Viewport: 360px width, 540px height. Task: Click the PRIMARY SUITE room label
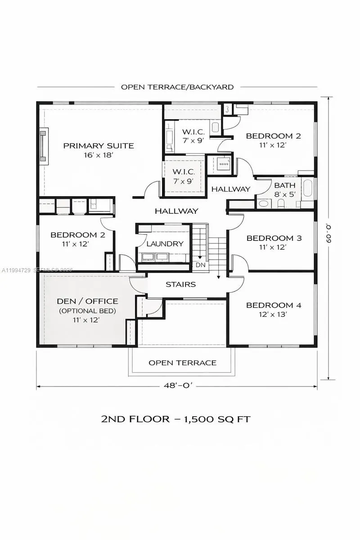pyautogui.click(x=98, y=145)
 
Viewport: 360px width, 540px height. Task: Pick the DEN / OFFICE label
pyautogui.click(x=88, y=301)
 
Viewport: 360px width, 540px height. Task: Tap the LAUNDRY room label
pyautogui.click(x=165, y=243)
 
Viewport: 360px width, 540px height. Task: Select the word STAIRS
pyautogui.click(x=180, y=284)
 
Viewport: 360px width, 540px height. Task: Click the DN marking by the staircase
pyautogui.click(x=200, y=265)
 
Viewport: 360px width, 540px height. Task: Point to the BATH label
pyautogui.click(x=285, y=185)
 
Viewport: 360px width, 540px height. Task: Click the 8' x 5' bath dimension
pyautogui.click(x=285, y=194)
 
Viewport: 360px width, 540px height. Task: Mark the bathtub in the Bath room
pyautogui.click(x=308, y=188)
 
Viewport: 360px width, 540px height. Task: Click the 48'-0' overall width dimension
pyautogui.click(x=177, y=386)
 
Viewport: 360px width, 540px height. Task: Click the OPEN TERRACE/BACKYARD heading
pyautogui.click(x=177, y=87)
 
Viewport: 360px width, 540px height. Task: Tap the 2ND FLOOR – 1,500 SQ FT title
pyautogui.click(x=175, y=419)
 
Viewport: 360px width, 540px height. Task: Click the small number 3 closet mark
pyautogui.click(x=227, y=109)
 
